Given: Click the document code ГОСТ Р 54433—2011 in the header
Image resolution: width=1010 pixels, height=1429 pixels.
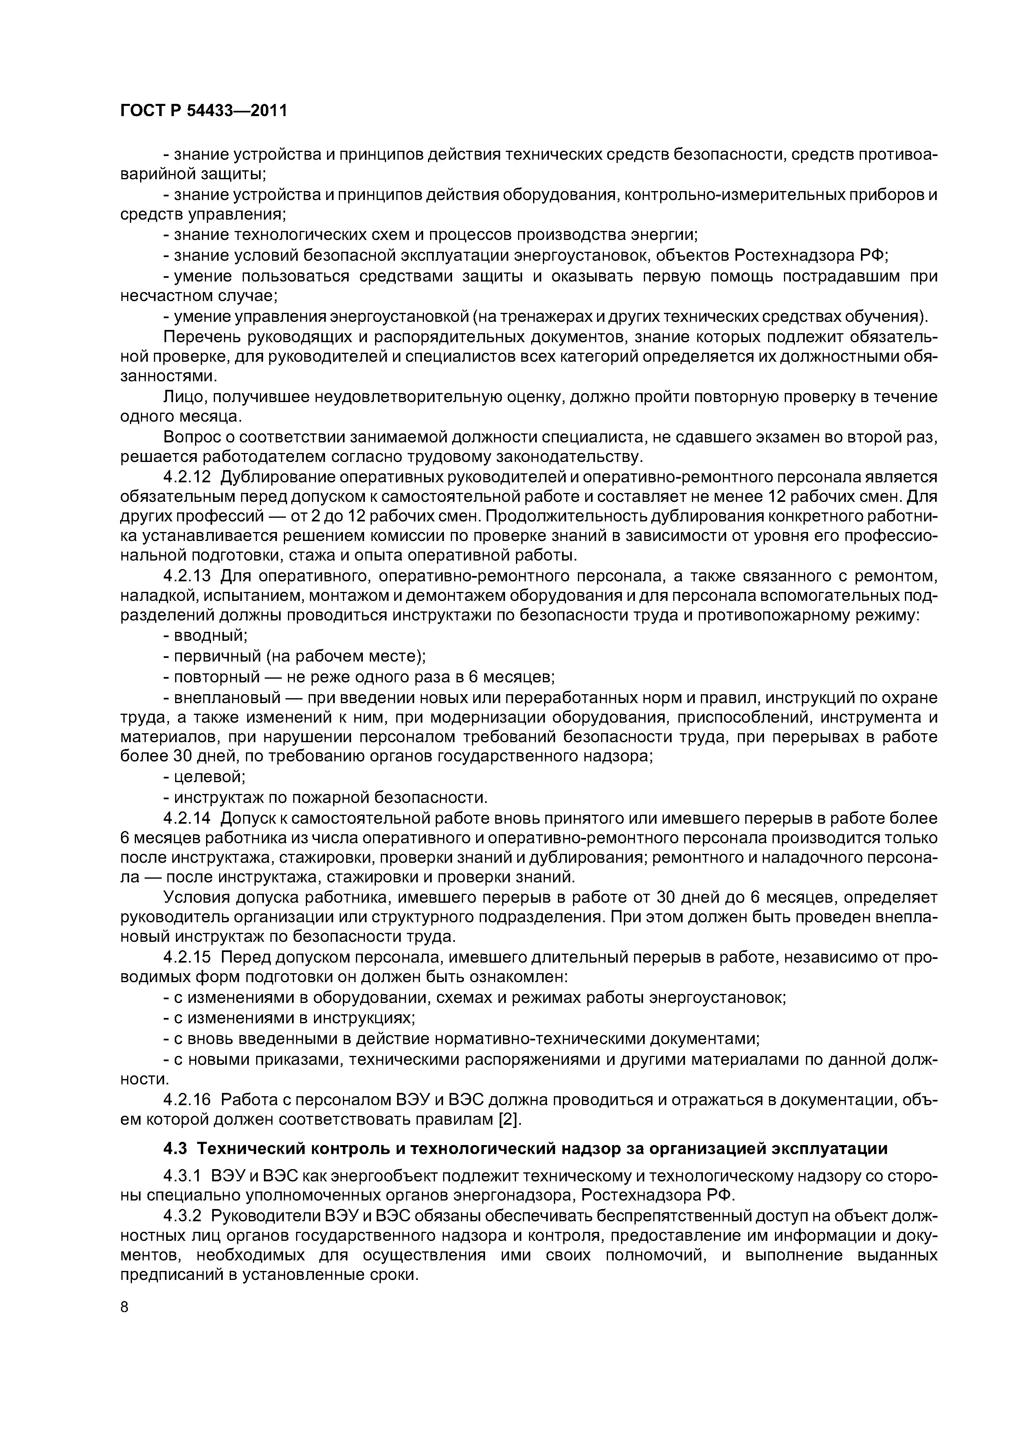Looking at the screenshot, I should click(204, 111).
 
